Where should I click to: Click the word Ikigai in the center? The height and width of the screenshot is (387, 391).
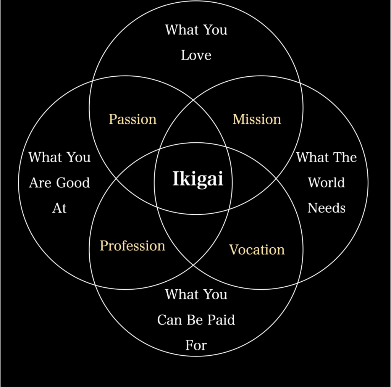click(x=197, y=179)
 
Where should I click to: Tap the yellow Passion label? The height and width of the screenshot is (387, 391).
click(x=132, y=119)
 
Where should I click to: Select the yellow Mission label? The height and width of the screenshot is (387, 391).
click(x=257, y=119)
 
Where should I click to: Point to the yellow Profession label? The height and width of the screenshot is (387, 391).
click(x=132, y=246)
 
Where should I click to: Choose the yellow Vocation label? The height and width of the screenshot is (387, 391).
click(x=257, y=250)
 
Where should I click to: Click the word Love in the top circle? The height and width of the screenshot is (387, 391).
click(x=196, y=55)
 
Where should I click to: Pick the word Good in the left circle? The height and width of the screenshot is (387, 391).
click(x=74, y=183)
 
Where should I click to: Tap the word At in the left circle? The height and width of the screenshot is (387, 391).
click(x=59, y=208)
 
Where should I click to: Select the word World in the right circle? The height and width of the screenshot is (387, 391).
click(x=326, y=183)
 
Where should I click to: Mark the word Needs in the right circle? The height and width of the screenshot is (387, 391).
click(x=326, y=208)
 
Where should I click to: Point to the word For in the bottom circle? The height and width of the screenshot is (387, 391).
click(x=196, y=345)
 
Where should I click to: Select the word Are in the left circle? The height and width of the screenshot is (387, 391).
click(x=40, y=183)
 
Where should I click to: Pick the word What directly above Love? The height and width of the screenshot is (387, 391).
click(x=182, y=30)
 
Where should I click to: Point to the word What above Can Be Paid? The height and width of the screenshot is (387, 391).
click(x=182, y=295)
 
